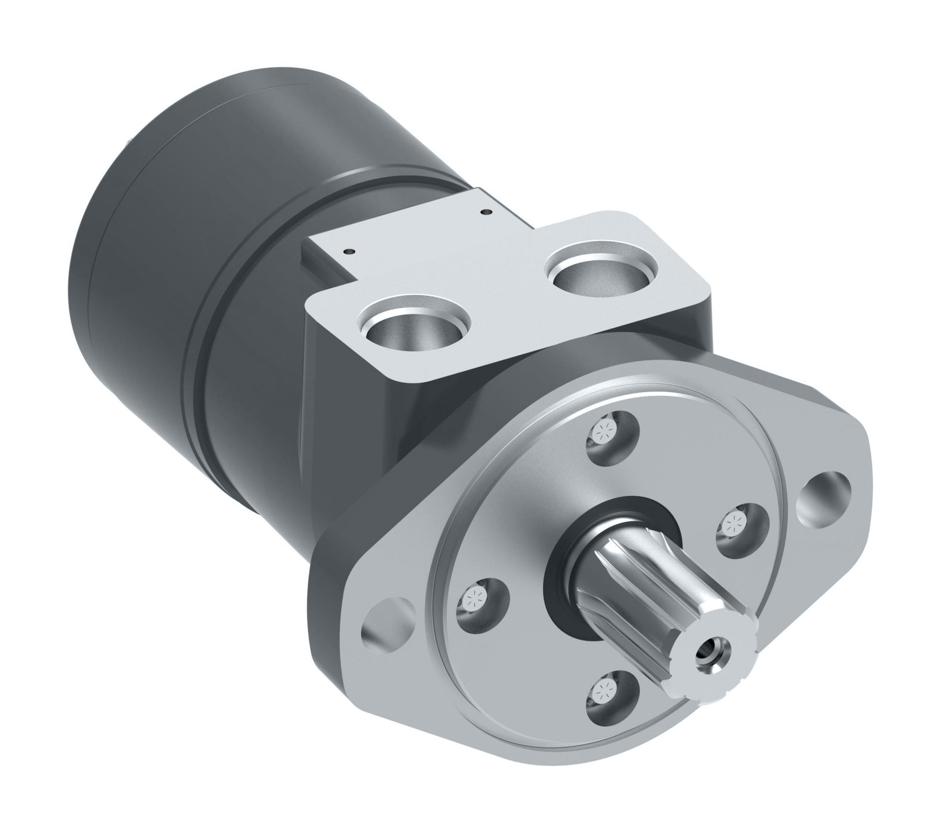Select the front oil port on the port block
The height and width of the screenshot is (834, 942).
(414, 330)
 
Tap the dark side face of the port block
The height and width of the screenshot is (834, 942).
(349, 391)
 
